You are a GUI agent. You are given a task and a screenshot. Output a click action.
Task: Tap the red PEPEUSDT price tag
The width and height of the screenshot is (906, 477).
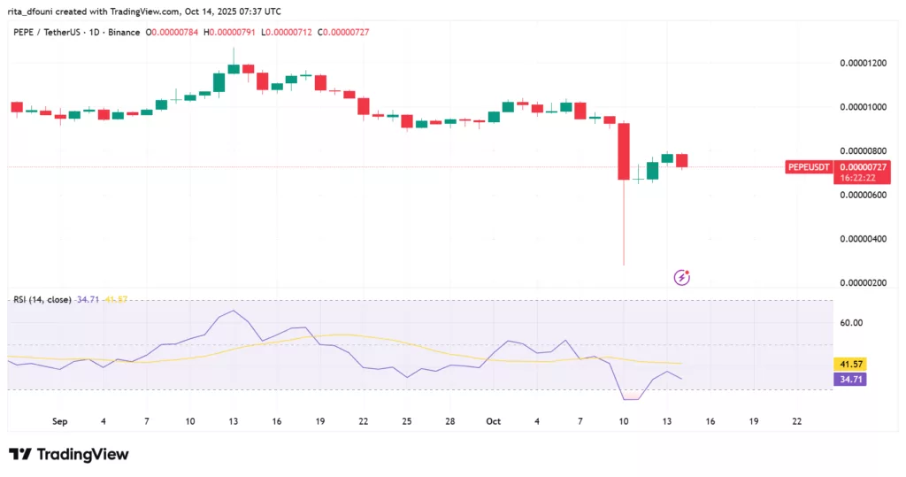pos(809,167)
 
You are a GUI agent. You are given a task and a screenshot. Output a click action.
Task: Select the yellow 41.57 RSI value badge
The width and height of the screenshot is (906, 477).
pos(850,365)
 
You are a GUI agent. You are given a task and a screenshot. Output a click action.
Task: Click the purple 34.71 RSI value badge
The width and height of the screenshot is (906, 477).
pos(850,379)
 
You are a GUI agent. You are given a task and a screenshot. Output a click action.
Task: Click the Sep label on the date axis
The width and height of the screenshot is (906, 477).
pos(60,421)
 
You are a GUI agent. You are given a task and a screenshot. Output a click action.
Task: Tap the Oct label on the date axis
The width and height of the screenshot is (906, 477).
pos(494,421)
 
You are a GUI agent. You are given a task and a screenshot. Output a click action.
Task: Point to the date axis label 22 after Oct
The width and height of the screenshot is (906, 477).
pos(797,421)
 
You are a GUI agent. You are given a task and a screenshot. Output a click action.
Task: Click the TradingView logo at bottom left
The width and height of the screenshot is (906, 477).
pos(69,454)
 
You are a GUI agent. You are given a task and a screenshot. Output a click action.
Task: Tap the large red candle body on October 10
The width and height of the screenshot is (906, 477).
pos(624,150)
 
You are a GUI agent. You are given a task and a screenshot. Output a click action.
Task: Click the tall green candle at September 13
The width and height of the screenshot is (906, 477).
pos(234,68)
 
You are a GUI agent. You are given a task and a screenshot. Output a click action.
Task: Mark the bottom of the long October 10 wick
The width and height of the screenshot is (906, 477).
pos(624,264)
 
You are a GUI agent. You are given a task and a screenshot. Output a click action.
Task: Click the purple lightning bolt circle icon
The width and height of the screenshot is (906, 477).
pos(682,277)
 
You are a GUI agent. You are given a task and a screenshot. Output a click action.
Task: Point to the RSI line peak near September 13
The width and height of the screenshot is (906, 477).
pos(233,311)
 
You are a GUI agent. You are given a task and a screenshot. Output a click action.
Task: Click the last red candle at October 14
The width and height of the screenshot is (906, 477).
pos(681,160)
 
